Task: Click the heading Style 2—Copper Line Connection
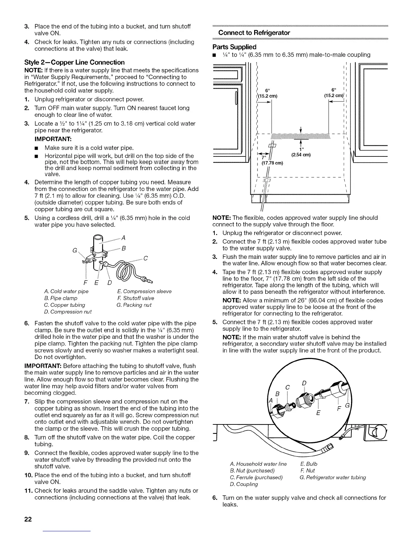tap(74, 62)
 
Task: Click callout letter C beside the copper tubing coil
tap(146, 259)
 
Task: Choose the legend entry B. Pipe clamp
tap(61, 298)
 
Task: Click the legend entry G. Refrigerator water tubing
tap(333, 477)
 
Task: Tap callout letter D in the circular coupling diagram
tap(304, 383)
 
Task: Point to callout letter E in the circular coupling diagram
tap(317, 414)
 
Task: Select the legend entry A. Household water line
tap(257, 464)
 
